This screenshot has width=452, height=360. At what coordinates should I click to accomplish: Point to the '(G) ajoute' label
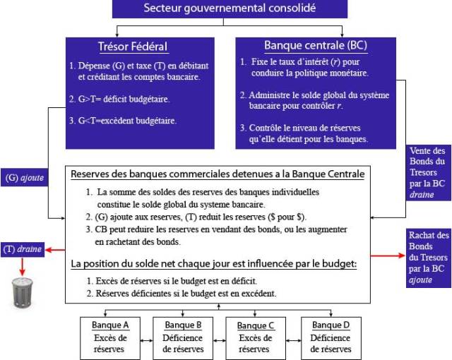pos(23,179)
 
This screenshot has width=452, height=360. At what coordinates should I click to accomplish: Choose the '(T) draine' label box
pos(23,249)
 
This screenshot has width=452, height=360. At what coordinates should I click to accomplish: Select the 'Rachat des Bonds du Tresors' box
pos(429,258)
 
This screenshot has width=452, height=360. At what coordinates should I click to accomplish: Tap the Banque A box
pos(110,337)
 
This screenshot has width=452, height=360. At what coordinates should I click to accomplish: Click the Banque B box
pos(183,337)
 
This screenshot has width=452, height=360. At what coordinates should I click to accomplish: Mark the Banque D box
pos(329,337)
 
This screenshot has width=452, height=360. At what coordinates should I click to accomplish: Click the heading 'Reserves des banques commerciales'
pos(218,174)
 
